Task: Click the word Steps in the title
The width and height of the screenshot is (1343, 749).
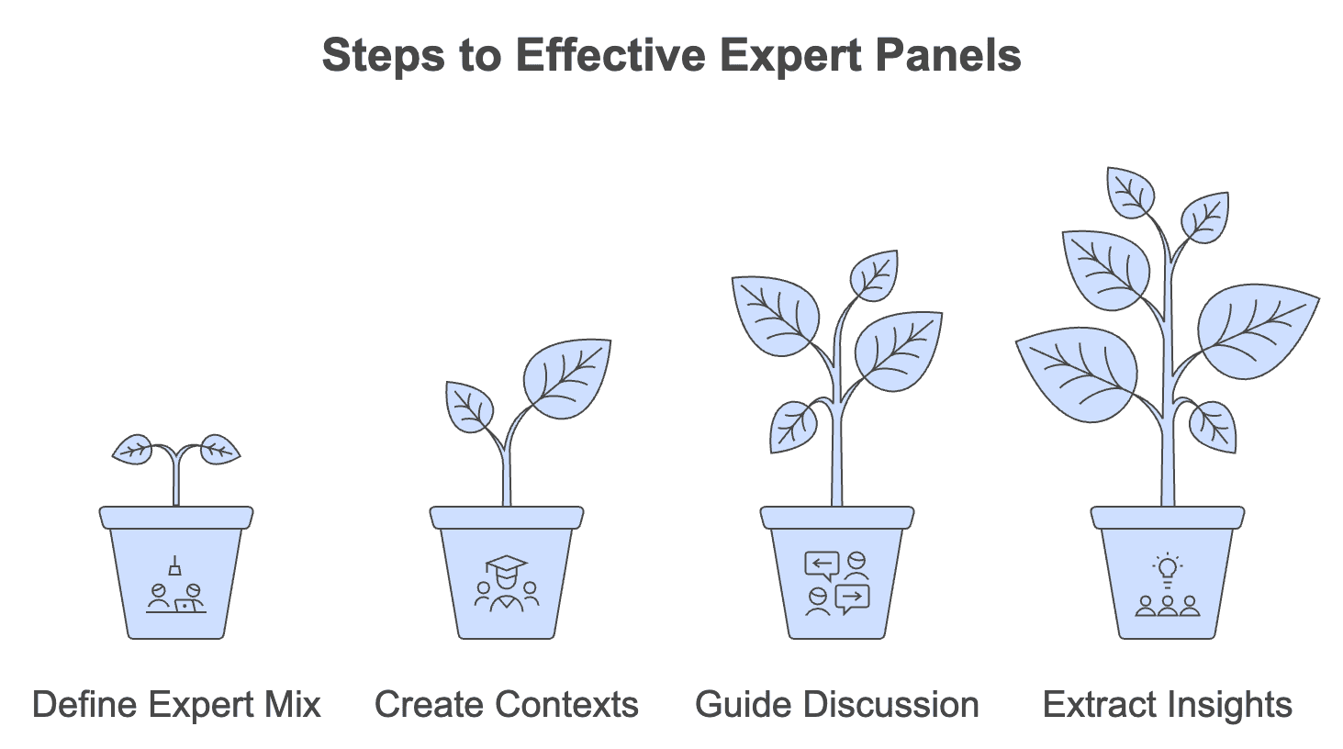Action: (x=383, y=56)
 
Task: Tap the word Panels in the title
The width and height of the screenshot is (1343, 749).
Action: (x=948, y=54)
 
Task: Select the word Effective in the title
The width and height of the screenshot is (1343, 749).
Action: (x=611, y=54)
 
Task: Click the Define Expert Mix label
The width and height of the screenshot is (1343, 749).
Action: (x=176, y=704)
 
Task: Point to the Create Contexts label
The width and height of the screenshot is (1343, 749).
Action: (x=507, y=704)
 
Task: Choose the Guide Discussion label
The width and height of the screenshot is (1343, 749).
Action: (x=837, y=704)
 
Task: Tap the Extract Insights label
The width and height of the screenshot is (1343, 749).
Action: (x=1168, y=704)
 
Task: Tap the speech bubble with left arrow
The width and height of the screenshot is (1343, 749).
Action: (x=822, y=565)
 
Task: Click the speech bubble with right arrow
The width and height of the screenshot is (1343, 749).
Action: (x=852, y=598)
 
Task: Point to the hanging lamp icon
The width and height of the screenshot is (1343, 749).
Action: (x=175, y=566)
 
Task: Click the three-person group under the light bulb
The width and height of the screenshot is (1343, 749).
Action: (x=1168, y=607)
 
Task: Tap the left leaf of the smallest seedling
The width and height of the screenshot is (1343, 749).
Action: (x=133, y=450)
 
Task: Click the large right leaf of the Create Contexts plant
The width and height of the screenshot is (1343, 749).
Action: (x=566, y=379)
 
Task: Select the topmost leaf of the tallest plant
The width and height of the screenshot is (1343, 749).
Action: (x=1130, y=193)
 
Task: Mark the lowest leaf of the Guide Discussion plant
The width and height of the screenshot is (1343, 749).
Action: (x=793, y=427)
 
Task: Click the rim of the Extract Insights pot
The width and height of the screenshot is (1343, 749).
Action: (x=1168, y=518)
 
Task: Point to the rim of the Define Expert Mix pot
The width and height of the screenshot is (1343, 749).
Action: (x=176, y=518)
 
